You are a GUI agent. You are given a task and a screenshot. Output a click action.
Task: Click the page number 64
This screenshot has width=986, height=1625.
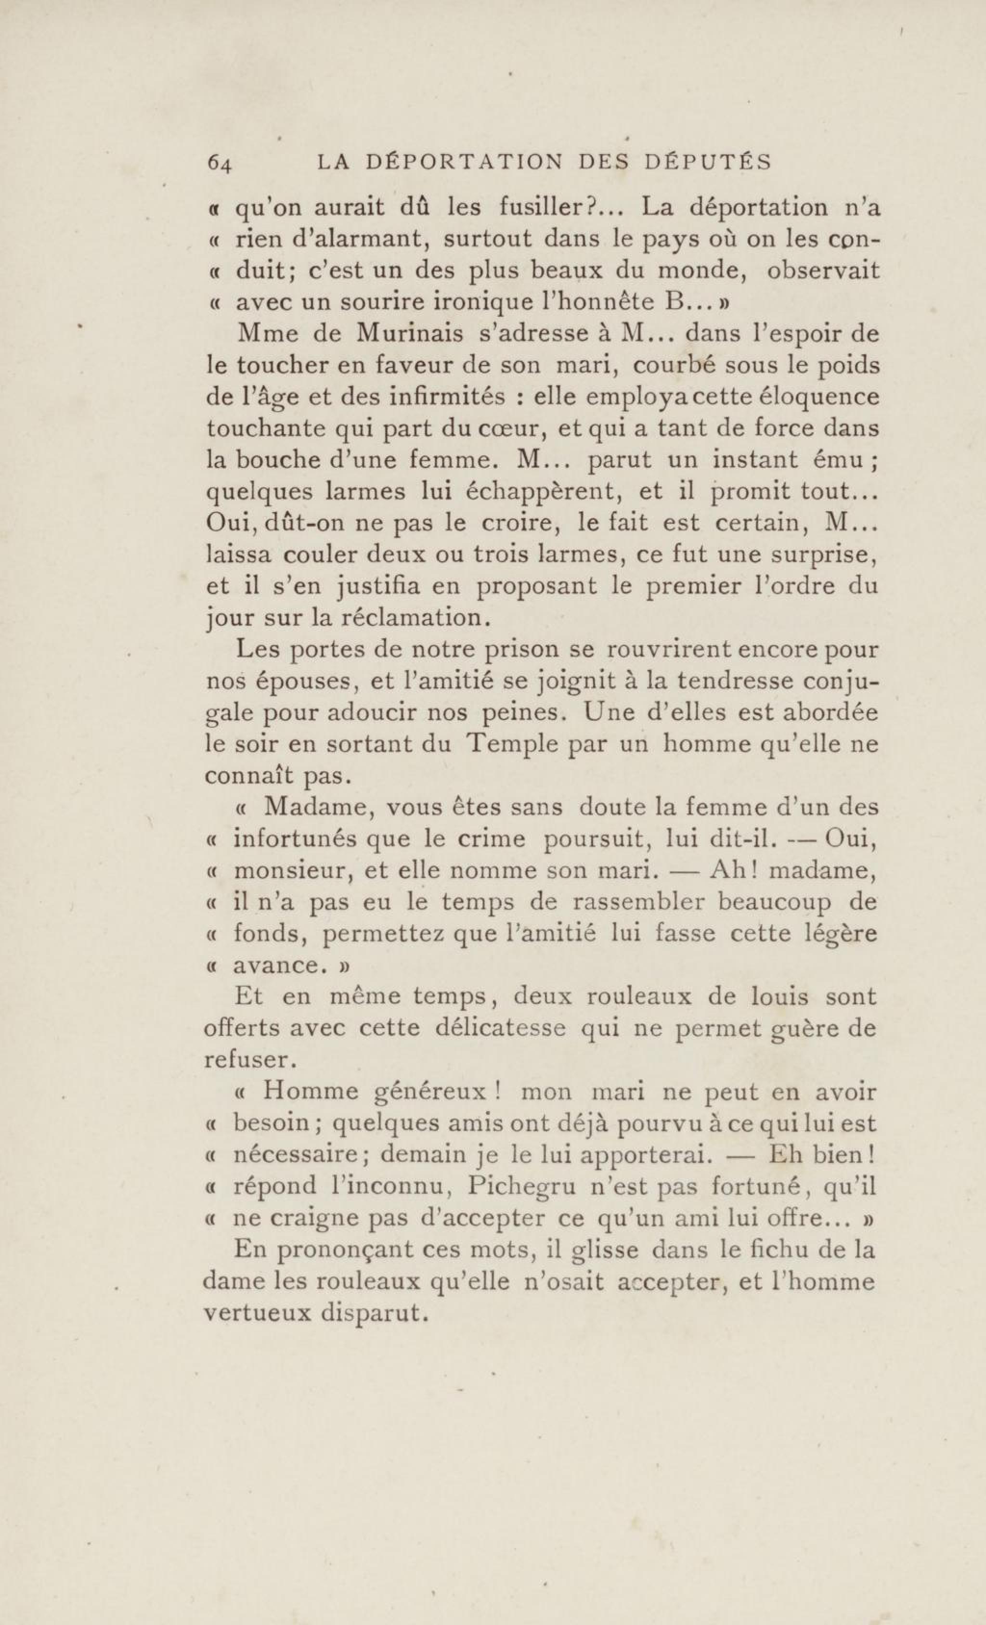(219, 163)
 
